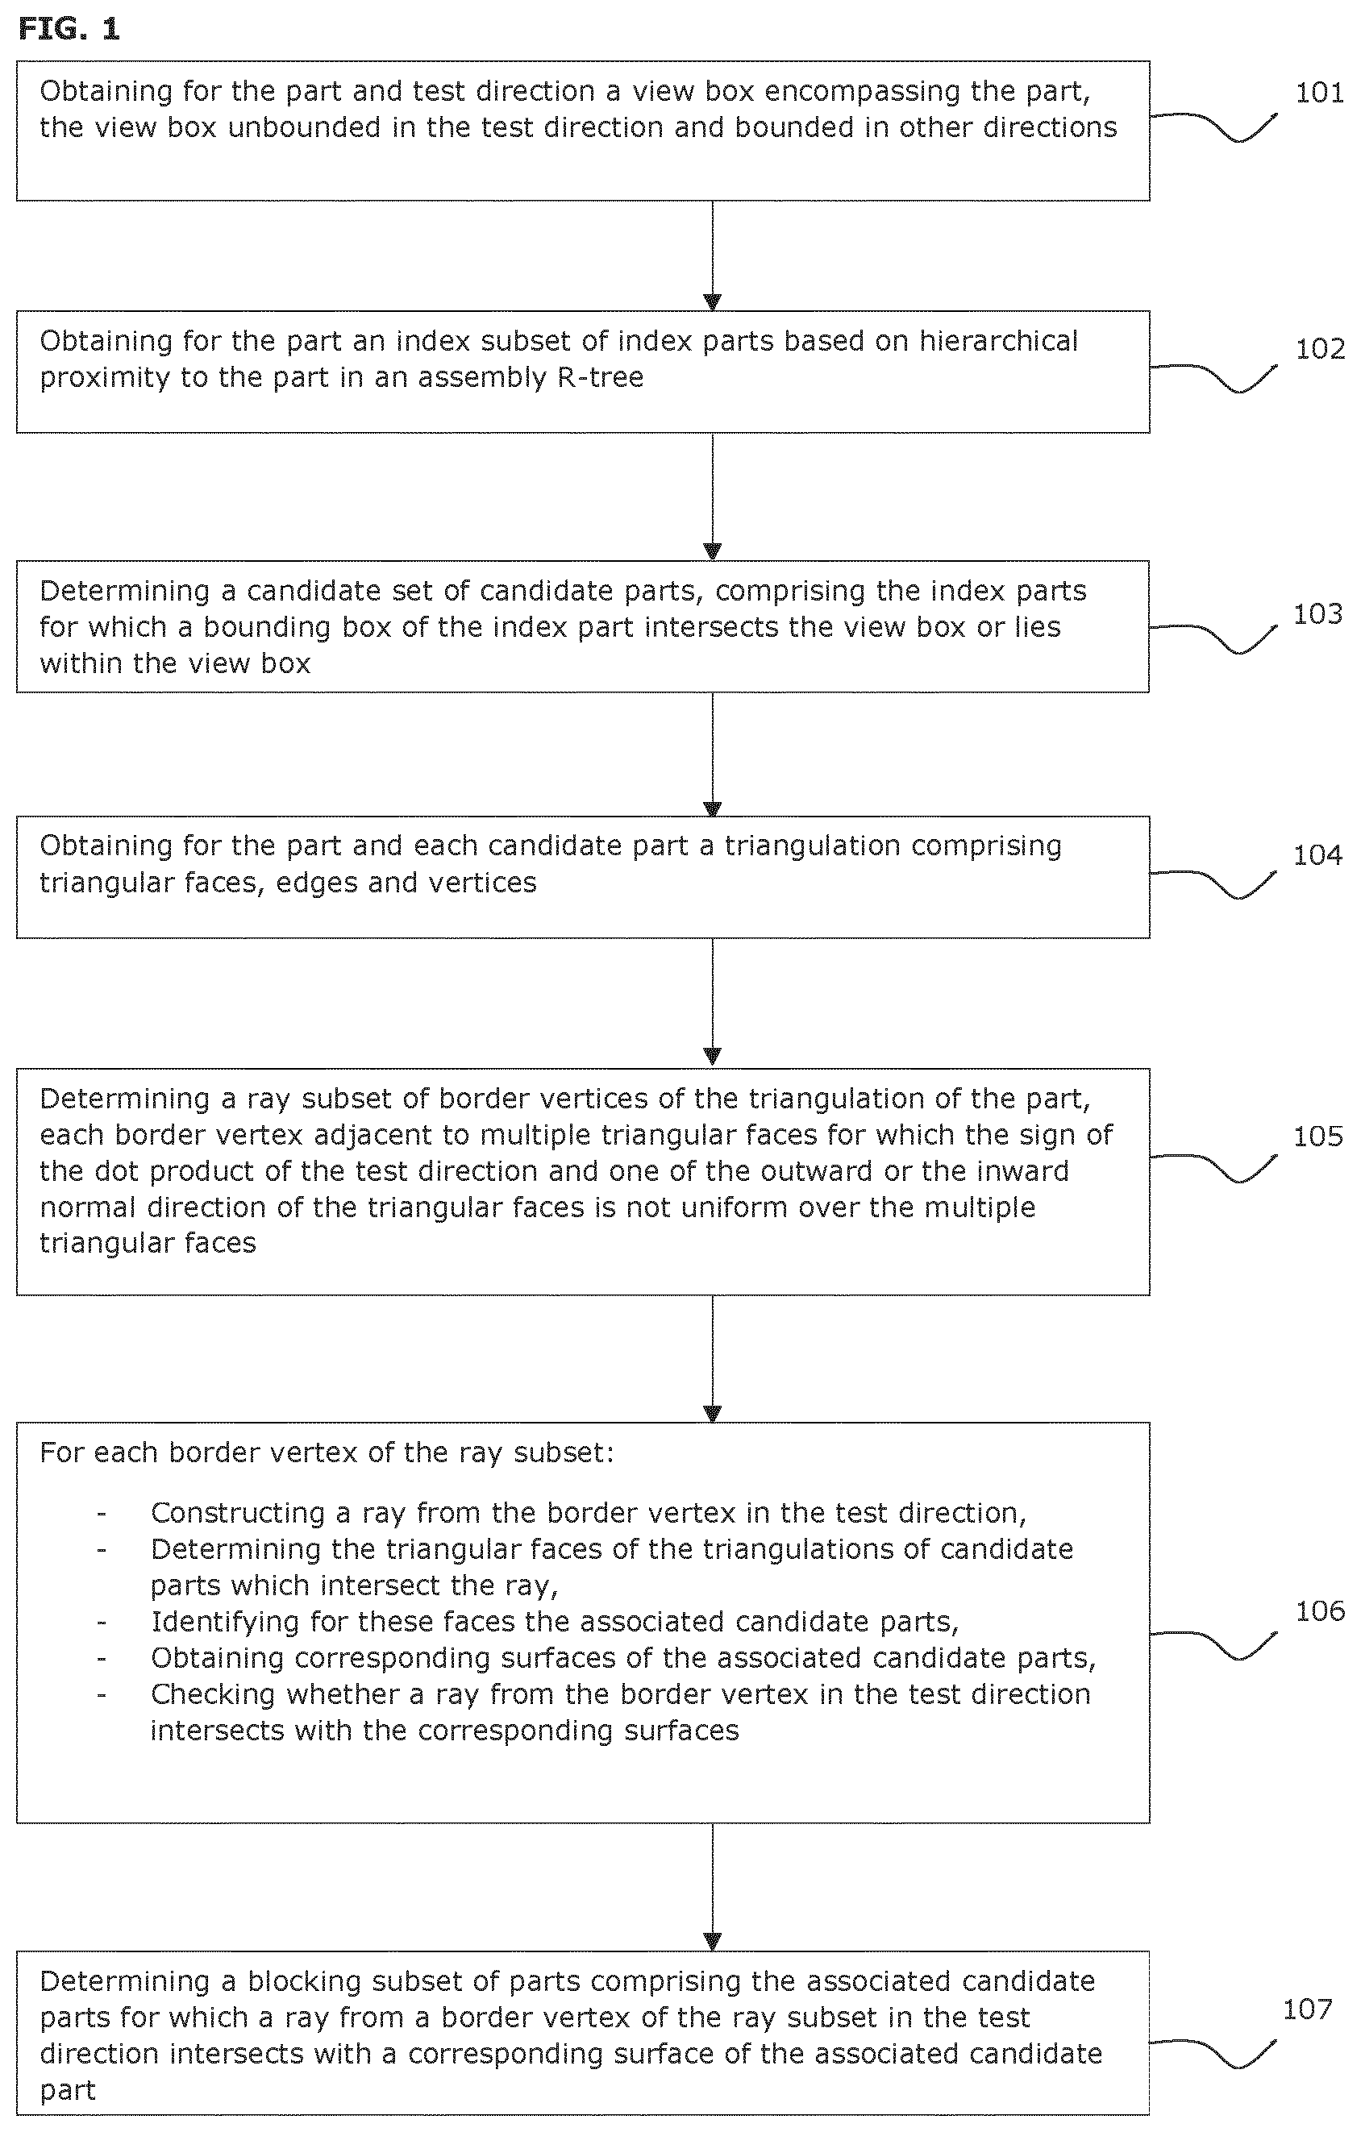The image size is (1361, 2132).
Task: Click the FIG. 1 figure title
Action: click(69, 29)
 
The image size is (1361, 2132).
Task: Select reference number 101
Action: click(1319, 93)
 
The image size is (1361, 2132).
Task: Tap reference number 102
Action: click(1319, 349)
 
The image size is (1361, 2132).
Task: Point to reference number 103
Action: click(1317, 613)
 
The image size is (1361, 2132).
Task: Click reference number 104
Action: click(1317, 854)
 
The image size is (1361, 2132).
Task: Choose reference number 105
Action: click(1317, 1136)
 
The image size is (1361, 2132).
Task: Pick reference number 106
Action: click(1319, 1610)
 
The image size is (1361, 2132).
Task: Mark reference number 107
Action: click(1307, 2009)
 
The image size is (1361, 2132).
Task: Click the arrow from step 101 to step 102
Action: click(712, 256)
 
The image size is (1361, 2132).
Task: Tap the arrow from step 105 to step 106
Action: click(712, 1359)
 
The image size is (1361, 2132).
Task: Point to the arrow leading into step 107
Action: click(712, 1887)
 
